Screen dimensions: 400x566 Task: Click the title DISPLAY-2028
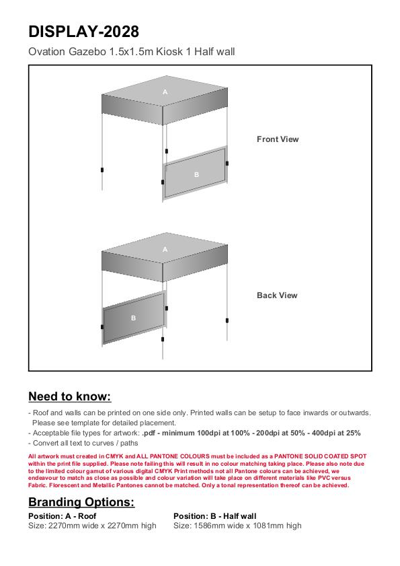[x=83, y=32]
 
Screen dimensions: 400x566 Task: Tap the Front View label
[x=278, y=139]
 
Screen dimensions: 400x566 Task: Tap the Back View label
[x=277, y=295]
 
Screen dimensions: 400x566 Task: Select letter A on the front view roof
[x=165, y=92]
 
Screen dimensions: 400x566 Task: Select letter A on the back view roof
[x=165, y=250]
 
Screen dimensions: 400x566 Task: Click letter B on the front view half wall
[x=196, y=175]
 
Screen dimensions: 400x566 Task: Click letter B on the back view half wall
[x=134, y=318]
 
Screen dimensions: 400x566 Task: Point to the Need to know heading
[x=70, y=396]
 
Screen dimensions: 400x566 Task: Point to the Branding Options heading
[x=81, y=502]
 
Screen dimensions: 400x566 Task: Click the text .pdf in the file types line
[x=149, y=433]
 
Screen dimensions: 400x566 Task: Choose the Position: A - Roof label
[x=63, y=516]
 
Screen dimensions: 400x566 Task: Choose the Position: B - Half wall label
[x=215, y=516]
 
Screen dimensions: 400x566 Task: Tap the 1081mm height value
[x=272, y=526]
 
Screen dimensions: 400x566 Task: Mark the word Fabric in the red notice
[x=38, y=485]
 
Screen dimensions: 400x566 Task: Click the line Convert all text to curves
[x=83, y=444]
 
